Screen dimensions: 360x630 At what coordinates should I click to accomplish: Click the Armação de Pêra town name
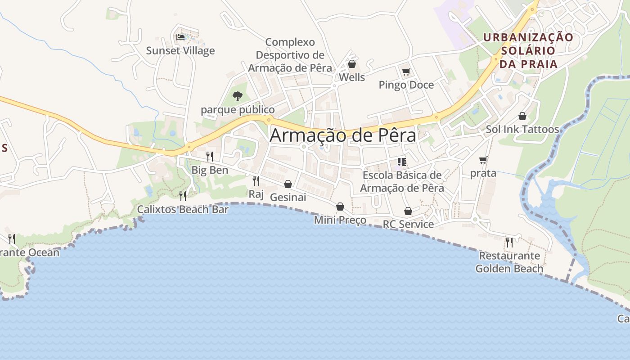pyautogui.click(x=343, y=135)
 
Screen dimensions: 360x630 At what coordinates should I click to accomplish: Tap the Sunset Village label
pyautogui.click(x=180, y=51)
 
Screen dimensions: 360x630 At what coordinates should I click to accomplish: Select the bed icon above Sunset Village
pyautogui.click(x=180, y=37)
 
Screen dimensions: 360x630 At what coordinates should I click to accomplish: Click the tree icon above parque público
pyautogui.click(x=237, y=96)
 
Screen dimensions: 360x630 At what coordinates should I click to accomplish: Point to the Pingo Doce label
pyautogui.click(x=406, y=85)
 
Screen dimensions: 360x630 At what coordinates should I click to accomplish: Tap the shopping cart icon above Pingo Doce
pyautogui.click(x=406, y=72)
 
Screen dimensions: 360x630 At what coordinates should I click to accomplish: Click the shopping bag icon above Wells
pyautogui.click(x=352, y=64)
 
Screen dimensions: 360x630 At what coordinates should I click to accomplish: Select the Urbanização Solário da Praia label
pyautogui.click(x=528, y=50)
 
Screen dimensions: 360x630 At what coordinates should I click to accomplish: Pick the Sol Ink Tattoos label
pyautogui.click(x=522, y=130)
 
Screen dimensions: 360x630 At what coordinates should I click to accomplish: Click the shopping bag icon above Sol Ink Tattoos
pyautogui.click(x=522, y=117)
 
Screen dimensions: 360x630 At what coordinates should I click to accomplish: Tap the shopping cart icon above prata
pyautogui.click(x=483, y=160)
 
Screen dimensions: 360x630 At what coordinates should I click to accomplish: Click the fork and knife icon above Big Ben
pyautogui.click(x=210, y=157)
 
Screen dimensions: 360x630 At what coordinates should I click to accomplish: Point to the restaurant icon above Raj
pyautogui.click(x=256, y=181)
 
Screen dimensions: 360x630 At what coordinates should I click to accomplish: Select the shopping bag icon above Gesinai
pyautogui.click(x=288, y=184)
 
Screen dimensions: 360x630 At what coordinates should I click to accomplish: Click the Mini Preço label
pyautogui.click(x=340, y=220)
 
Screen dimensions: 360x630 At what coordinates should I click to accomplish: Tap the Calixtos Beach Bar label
pyautogui.click(x=183, y=209)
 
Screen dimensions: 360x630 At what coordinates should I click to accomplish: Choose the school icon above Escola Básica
pyautogui.click(x=402, y=162)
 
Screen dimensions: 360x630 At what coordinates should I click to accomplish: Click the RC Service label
pyautogui.click(x=408, y=224)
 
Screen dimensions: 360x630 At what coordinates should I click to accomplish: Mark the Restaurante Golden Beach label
pyautogui.click(x=509, y=262)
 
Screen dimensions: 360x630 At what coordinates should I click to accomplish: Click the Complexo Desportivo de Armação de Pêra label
pyautogui.click(x=290, y=55)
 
